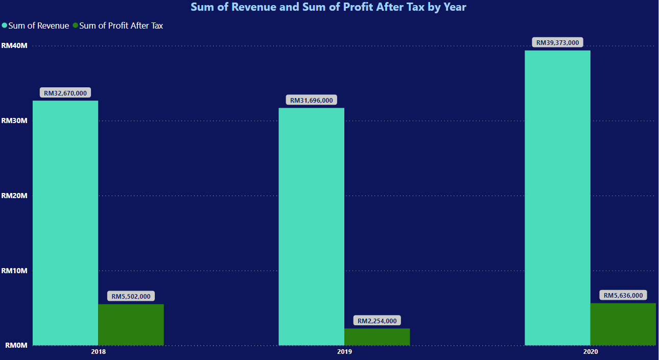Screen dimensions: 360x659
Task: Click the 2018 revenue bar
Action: [65, 223]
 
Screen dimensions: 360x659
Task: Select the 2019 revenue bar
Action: [311, 226]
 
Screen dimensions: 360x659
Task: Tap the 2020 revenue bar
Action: [557, 198]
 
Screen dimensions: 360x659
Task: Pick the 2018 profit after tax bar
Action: [131, 325]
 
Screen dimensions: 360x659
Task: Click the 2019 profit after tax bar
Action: [377, 337]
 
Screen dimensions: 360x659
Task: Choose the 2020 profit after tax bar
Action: [623, 324]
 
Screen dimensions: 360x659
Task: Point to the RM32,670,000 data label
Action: [65, 93]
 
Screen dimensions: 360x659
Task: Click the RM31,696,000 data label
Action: [311, 101]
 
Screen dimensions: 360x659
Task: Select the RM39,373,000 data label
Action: [557, 42]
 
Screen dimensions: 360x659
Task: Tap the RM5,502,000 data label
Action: [131, 296]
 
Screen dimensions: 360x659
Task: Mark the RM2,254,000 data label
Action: [377, 321]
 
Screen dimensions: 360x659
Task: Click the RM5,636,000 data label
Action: [623, 295]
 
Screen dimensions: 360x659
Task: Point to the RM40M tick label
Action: [14, 45]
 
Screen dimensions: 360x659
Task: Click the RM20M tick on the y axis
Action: [14, 196]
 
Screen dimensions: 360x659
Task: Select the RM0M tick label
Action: [15, 345]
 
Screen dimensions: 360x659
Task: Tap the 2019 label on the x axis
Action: [344, 352]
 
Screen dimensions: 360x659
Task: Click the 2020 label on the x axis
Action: [591, 352]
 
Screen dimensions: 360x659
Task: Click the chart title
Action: [328, 7]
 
